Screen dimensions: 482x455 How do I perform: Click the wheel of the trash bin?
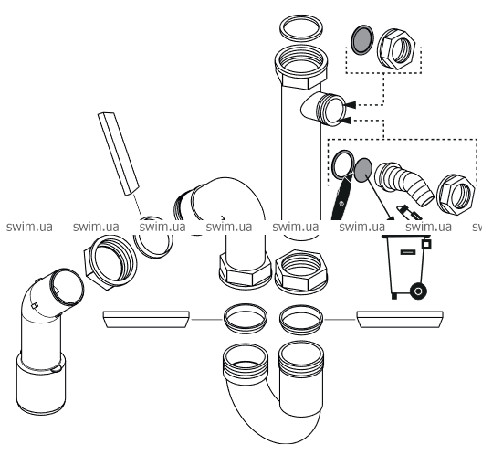click(x=418, y=291)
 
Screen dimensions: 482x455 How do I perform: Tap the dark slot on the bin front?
click(x=408, y=252)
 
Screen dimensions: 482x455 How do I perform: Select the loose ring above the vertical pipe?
click(x=301, y=28)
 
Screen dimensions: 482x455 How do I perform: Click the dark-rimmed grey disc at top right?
click(x=362, y=39)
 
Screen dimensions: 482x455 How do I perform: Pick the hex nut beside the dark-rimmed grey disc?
click(x=396, y=48)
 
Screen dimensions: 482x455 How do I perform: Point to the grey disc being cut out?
click(x=363, y=170)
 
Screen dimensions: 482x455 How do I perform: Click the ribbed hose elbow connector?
click(x=403, y=183)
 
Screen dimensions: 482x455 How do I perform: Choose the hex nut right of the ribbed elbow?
click(x=456, y=195)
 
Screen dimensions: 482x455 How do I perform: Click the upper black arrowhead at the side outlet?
click(x=350, y=105)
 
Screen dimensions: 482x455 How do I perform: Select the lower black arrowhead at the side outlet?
click(x=345, y=121)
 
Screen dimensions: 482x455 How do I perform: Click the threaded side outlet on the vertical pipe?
click(x=323, y=109)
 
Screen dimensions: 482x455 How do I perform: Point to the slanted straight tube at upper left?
click(x=119, y=153)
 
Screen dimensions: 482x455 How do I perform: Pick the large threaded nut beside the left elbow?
click(x=110, y=262)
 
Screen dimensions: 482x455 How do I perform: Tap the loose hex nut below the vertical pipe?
click(x=301, y=271)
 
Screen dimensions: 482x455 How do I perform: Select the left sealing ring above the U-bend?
click(x=246, y=320)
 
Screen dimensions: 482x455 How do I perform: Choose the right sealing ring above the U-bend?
click(x=301, y=320)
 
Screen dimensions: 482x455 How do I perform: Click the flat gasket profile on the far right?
click(x=400, y=320)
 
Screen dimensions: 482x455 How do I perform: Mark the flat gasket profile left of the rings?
click(x=146, y=320)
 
